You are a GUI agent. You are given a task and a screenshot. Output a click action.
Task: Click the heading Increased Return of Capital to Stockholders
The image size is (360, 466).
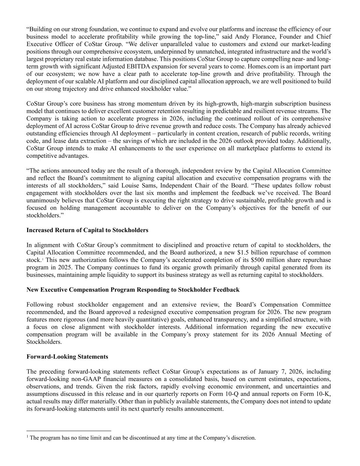87,230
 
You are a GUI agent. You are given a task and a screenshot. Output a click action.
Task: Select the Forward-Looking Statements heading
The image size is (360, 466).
67,357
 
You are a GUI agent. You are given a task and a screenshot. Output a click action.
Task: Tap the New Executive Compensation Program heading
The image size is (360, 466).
133,290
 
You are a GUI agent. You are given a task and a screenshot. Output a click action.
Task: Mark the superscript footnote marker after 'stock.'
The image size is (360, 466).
42,259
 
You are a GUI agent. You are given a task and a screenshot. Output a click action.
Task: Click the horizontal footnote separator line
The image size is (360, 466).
69,431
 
